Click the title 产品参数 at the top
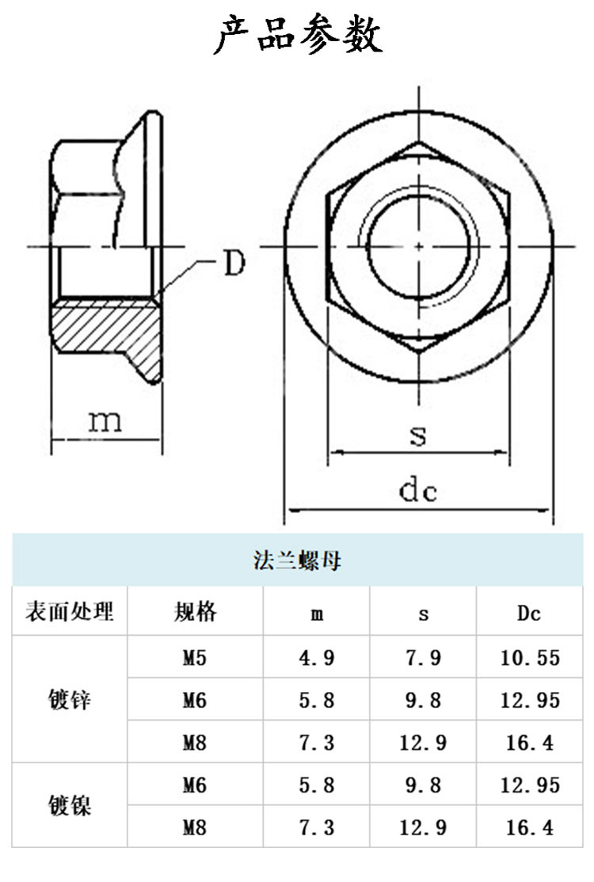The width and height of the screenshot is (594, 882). [x=297, y=36]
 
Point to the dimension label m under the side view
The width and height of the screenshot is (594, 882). [x=105, y=420]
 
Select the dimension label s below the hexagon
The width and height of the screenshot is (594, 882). [x=418, y=435]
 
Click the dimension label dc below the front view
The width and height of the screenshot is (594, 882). [x=417, y=492]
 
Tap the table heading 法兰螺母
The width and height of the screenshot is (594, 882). [x=297, y=561]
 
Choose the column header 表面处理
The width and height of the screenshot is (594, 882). [x=70, y=611]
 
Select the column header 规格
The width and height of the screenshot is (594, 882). [x=195, y=611]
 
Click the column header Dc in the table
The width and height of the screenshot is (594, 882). [x=529, y=612]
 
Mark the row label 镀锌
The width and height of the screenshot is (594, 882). [x=70, y=700]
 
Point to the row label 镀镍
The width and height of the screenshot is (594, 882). [x=70, y=806]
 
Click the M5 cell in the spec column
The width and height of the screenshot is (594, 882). [x=195, y=657]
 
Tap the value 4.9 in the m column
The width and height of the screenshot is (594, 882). [x=317, y=657]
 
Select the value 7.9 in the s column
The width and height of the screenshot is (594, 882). [x=423, y=657]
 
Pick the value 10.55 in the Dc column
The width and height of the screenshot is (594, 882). [x=530, y=657]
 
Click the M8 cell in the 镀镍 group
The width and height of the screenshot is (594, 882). [x=195, y=828]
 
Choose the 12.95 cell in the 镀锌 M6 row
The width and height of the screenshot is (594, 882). [x=530, y=700]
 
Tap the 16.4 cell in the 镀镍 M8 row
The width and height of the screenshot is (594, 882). [x=530, y=828]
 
